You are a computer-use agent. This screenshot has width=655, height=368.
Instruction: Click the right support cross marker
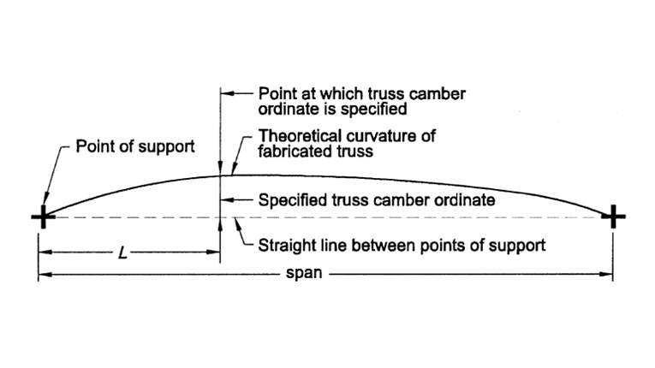613,217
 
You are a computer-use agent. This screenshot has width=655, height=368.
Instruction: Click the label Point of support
135,146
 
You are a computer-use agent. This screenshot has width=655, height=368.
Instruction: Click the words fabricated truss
313,153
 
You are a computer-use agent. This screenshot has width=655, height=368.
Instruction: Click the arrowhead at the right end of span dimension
608,276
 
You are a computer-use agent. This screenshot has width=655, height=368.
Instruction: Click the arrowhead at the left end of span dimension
44,276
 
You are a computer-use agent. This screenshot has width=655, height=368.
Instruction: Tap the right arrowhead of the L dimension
216,253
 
